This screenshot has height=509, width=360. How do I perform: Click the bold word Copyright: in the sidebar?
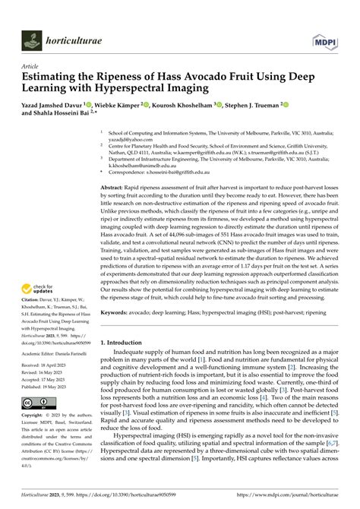point(36,416)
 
